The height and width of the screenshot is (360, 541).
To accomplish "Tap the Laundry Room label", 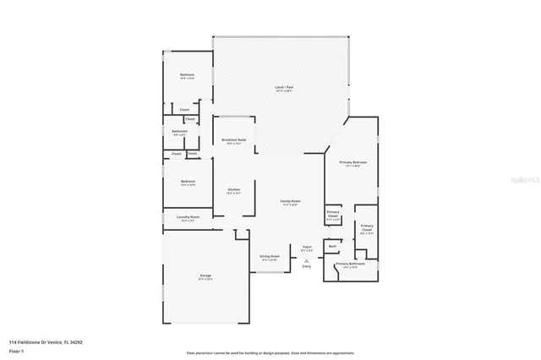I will tap(188, 218).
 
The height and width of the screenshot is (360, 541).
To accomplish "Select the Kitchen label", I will tap(234, 190).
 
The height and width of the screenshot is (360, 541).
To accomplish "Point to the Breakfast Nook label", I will tap(233, 139).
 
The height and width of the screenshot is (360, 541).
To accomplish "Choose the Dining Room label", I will tap(269, 257).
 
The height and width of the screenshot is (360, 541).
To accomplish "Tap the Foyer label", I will tap(308, 248).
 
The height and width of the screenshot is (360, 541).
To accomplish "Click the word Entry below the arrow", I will tap(306, 267).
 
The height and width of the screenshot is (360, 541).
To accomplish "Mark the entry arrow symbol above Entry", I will tap(306, 261).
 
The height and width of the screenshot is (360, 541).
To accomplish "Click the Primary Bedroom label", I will tap(352, 161).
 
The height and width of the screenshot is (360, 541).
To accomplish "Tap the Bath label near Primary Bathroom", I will tap(332, 247).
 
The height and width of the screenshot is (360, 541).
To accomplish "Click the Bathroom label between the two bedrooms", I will tap(179, 132).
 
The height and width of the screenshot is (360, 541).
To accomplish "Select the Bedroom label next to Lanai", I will tap(187, 76).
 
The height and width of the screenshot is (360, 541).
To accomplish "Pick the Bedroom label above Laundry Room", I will tap(187, 182).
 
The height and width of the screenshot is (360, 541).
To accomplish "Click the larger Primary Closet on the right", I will tap(367, 227).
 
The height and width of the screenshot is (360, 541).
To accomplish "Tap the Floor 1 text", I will tap(16, 350).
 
